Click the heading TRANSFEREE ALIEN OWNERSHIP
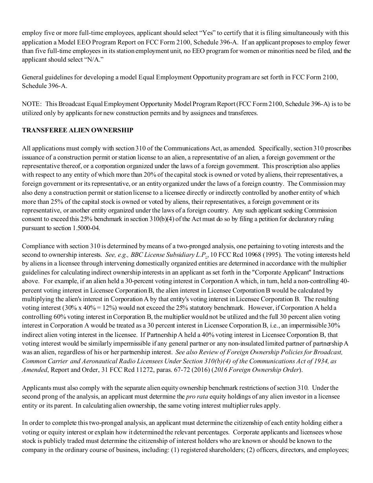[x=77, y=130]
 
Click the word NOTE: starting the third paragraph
[x=31, y=104]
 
